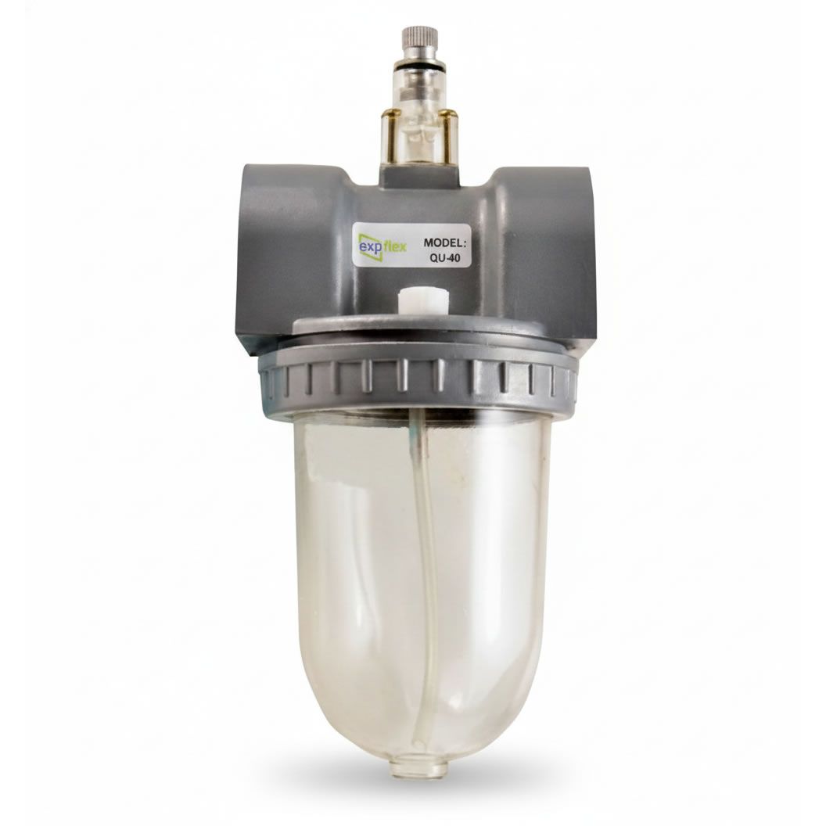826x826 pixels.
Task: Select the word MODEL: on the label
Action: coord(446,243)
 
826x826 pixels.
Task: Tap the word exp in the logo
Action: coord(370,247)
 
